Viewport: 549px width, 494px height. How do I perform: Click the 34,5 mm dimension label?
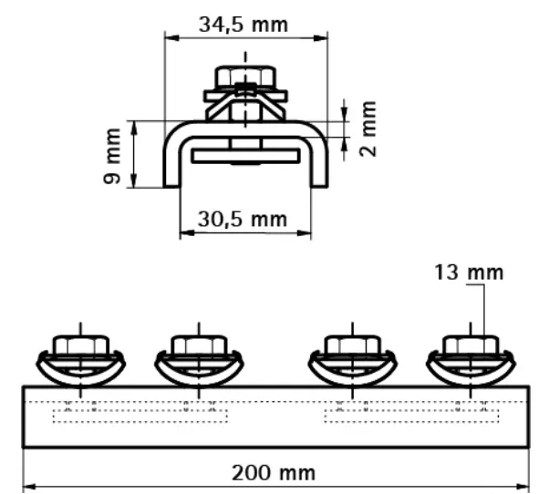243,25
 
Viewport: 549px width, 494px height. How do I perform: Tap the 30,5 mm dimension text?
243,220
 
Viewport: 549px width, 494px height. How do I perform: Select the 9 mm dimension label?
112,156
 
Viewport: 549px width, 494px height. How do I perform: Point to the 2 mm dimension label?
368,129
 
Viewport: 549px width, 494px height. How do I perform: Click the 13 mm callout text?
469,273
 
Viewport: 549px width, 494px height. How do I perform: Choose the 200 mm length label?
274,473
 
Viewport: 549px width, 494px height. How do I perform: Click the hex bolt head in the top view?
245,76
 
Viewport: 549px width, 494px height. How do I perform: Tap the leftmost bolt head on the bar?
81,345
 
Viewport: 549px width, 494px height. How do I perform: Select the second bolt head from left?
199,345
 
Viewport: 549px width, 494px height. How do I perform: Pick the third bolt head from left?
352,345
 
